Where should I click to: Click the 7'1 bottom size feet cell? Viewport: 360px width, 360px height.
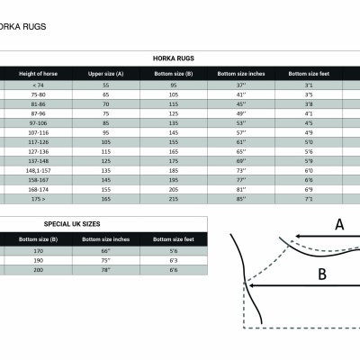(309, 199)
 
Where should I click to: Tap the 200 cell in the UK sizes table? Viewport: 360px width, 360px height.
(39, 269)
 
